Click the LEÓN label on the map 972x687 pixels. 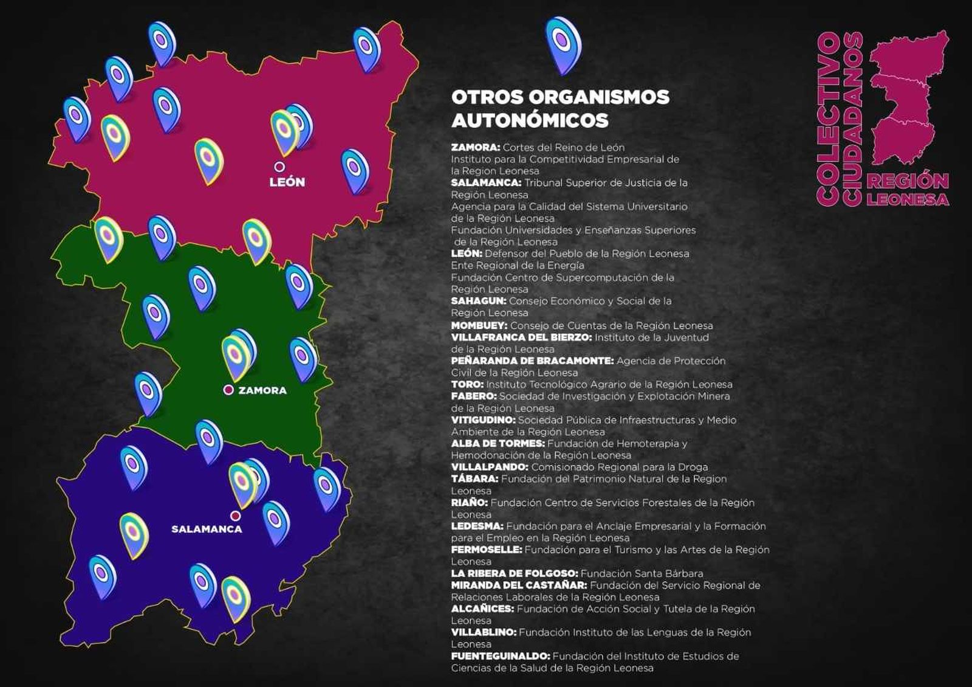(x=287, y=182)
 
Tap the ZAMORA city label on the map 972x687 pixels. (x=262, y=390)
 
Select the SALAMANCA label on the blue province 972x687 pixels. (x=207, y=529)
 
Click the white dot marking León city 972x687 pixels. (x=279, y=166)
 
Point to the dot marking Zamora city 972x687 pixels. (x=228, y=390)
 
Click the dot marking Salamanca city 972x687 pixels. (x=235, y=516)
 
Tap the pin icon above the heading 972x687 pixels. (x=563, y=44)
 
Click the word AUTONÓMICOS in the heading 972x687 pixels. (x=530, y=120)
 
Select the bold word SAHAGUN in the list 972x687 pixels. (x=478, y=301)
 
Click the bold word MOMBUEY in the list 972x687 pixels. (x=479, y=325)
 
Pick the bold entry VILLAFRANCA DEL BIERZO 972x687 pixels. (x=521, y=337)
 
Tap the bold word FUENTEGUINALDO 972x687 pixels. (x=500, y=656)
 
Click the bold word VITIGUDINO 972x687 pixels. (x=483, y=420)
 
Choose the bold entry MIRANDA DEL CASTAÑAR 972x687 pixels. (x=519, y=585)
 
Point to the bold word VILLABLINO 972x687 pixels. (x=483, y=632)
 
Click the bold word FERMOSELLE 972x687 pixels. (x=486, y=550)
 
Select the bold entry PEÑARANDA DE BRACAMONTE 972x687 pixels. (x=532, y=361)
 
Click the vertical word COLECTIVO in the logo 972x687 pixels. (x=829, y=119)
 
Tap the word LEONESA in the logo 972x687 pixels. (x=908, y=199)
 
